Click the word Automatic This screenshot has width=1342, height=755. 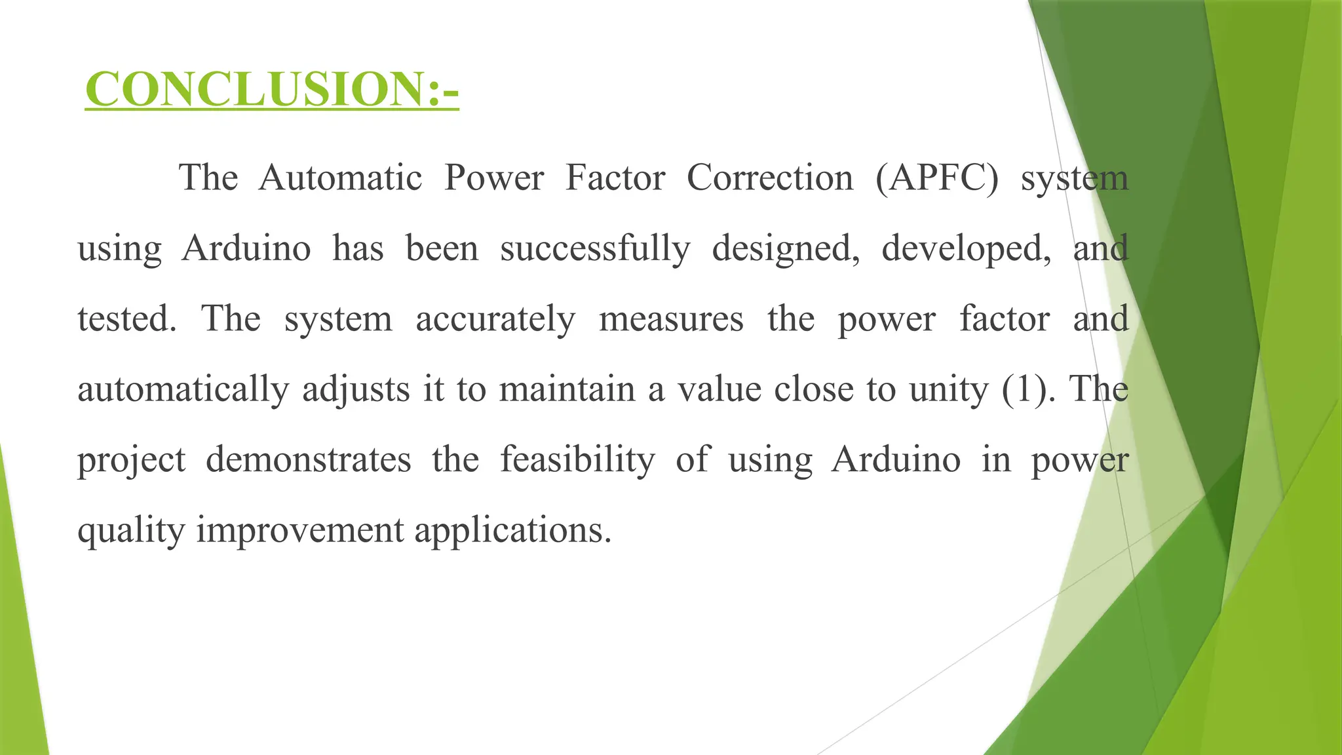click(340, 178)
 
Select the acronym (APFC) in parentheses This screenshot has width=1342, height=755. click(937, 178)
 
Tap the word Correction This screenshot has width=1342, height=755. click(770, 178)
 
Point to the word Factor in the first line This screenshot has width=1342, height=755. click(615, 178)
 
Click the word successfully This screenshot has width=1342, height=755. click(595, 248)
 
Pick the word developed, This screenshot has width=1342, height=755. click(966, 248)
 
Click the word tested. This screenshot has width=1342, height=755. click(126, 319)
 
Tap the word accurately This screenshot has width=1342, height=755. click(495, 319)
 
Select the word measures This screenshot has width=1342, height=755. click(671, 319)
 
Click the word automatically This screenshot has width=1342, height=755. click(183, 389)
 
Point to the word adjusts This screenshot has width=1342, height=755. click(356, 389)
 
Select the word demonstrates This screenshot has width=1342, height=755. click(308, 459)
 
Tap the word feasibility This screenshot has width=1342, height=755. click(577, 459)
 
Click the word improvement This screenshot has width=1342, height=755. click(299, 530)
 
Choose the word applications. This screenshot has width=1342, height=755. click(512, 530)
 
